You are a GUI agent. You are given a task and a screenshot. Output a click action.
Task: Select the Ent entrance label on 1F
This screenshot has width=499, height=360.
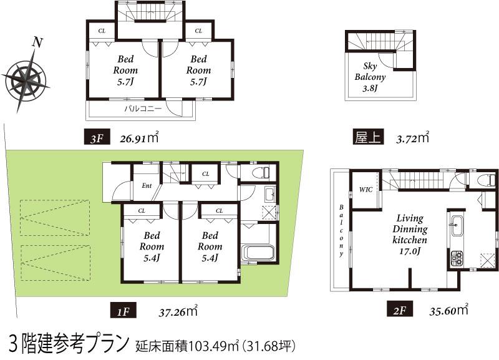(x=147, y=185)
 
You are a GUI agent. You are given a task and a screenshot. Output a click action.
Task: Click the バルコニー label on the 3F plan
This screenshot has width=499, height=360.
(x=142, y=109)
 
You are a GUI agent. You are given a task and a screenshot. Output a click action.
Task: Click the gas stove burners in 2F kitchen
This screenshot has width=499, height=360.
(x=454, y=257)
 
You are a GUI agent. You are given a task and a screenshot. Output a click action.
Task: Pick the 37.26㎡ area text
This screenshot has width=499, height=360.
(x=178, y=310)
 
